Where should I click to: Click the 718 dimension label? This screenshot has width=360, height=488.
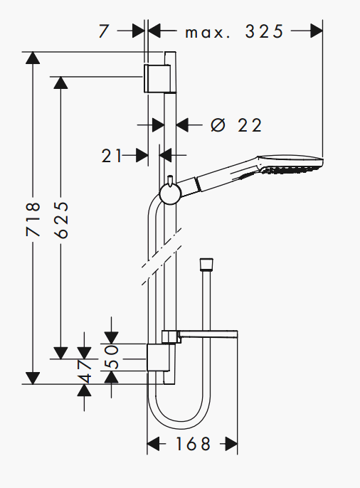pos(33,219)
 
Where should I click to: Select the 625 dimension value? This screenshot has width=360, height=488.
pos(60,220)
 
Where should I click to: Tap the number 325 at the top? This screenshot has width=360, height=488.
pos(264,31)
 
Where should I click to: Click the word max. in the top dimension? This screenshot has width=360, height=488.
pos(208,33)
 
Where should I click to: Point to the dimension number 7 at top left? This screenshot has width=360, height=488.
pos(105,31)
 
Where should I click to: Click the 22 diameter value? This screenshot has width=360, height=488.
pos(250,125)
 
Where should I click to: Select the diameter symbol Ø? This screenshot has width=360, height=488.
pos(218,125)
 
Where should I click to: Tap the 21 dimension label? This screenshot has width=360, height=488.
pos(111,156)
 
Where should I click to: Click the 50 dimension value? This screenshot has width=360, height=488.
pos(112,356)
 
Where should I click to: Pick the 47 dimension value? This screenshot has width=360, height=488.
pos(85,371)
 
